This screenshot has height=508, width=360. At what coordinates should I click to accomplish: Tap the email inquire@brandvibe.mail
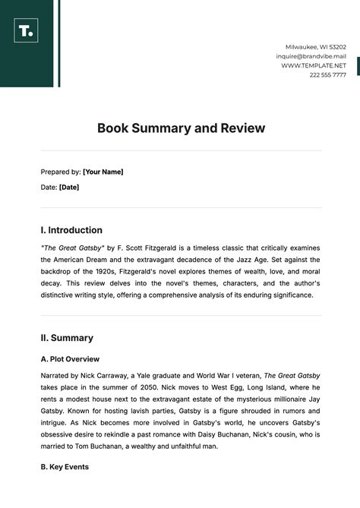click(311, 56)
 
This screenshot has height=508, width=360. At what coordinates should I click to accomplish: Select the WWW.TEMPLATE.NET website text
click(313, 65)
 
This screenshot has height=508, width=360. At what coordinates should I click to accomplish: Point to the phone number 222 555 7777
click(327, 74)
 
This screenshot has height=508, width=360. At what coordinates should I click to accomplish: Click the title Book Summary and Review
click(181, 128)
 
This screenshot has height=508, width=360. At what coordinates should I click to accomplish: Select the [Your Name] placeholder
click(103, 172)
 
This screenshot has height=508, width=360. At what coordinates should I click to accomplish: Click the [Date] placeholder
click(69, 187)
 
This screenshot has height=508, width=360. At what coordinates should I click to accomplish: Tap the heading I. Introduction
click(71, 230)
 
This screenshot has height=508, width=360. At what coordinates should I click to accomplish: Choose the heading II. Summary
click(67, 338)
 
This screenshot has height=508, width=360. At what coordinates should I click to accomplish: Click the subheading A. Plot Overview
click(70, 359)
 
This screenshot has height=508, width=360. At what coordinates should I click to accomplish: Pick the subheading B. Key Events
click(65, 467)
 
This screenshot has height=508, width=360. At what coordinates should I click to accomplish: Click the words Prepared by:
click(61, 172)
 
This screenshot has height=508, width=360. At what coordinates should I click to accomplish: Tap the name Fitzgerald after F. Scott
click(166, 248)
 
